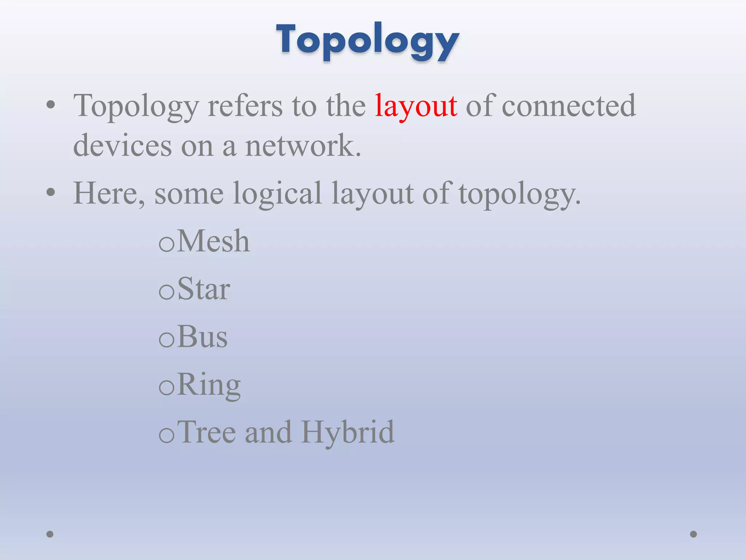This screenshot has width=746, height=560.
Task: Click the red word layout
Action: [x=416, y=106]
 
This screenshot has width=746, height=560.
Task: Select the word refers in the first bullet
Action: [x=245, y=106]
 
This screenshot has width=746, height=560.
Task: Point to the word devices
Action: [x=122, y=145]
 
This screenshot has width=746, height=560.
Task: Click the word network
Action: [x=303, y=145]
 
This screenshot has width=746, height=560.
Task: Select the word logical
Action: [x=277, y=193]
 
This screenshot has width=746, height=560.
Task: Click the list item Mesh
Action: [x=213, y=241]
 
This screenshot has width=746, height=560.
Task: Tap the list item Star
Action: [x=204, y=289]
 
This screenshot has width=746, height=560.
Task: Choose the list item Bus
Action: [x=203, y=337]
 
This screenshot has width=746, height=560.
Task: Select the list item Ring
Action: [x=209, y=385]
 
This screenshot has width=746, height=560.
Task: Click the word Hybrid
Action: [x=348, y=432]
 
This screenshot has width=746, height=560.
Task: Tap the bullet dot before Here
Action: [x=51, y=192]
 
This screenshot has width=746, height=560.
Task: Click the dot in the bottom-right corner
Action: [x=694, y=534]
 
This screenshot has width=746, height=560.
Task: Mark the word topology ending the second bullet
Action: [x=519, y=193]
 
